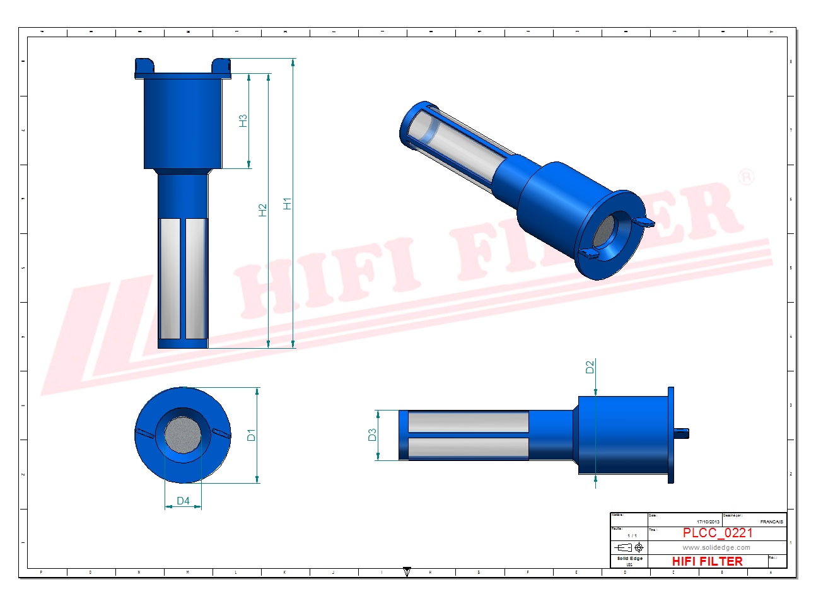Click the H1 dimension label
tap(288, 204)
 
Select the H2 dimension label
tap(263, 210)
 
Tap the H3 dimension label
tap(243, 120)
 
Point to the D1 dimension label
tap(251, 435)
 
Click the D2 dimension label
tap(590, 366)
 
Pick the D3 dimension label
tap(372, 434)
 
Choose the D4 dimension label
tap(183, 501)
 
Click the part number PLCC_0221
tap(717, 533)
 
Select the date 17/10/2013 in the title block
tap(708, 522)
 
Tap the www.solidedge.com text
tap(716, 547)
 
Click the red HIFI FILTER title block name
tap(707, 561)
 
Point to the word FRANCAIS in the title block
tap(771, 522)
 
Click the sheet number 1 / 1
tap(632, 535)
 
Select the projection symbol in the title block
tap(629, 547)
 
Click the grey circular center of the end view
tap(183, 434)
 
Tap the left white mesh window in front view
tap(170, 278)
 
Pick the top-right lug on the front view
tap(221, 65)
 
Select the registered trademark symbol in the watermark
tap(746, 177)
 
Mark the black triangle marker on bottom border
tap(407, 572)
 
